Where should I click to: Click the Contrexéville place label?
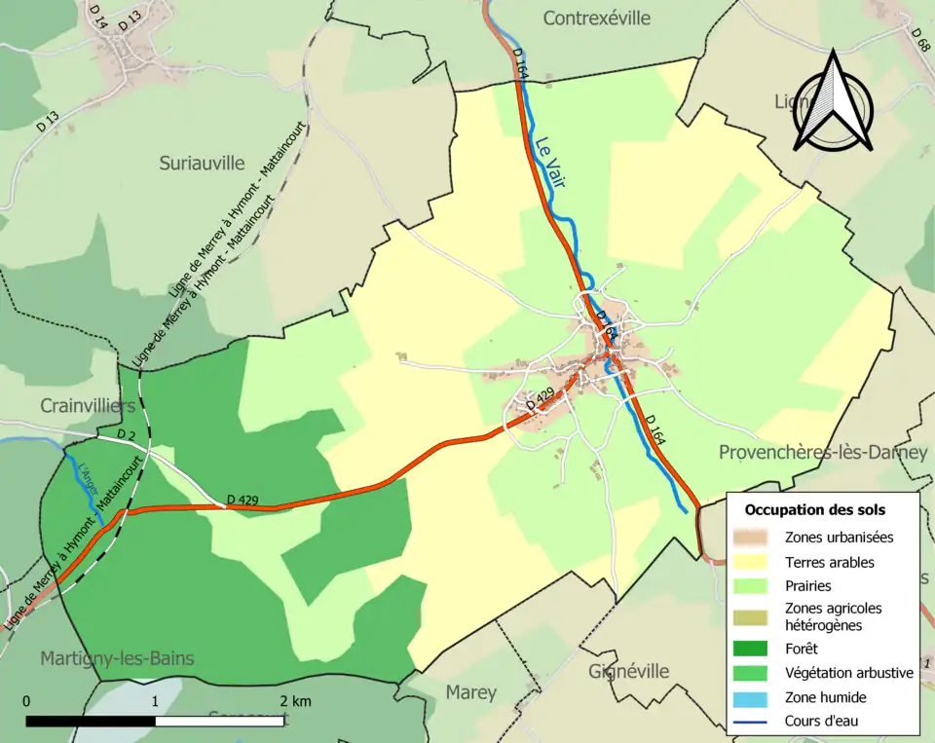tap(596, 18)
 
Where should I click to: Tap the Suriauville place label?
tap(202, 164)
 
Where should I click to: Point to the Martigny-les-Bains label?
tap(117, 659)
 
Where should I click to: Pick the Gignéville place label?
tap(628, 671)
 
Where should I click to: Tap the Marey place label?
tap(470, 692)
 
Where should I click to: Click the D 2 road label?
tap(126, 434)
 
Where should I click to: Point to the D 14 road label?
tap(97, 14)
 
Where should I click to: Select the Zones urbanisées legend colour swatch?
tap(755, 537)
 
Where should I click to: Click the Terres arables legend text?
tap(830, 562)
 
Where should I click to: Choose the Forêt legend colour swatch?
tap(755, 649)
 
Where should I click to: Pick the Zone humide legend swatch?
tap(755, 697)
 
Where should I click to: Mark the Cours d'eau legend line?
tap(755, 722)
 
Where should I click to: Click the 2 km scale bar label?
tap(295, 701)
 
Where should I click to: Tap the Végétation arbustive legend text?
tap(848, 673)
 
